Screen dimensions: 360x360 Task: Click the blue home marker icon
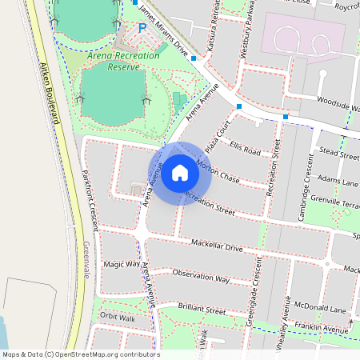pyautogui.click(x=180, y=173)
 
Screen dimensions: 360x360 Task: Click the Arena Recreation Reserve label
pyautogui.click(x=114, y=62)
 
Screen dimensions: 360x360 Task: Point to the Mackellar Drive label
pyautogui.click(x=216, y=246)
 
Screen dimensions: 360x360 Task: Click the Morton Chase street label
pyautogui.click(x=218, y=172)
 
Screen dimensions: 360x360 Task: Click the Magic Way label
pyautogui.click(x=122, y=263)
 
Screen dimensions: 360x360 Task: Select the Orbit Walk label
pyautogui.click(x=118, y=317)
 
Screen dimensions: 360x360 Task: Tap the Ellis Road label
pyautogui.click(x=245, y=150)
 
